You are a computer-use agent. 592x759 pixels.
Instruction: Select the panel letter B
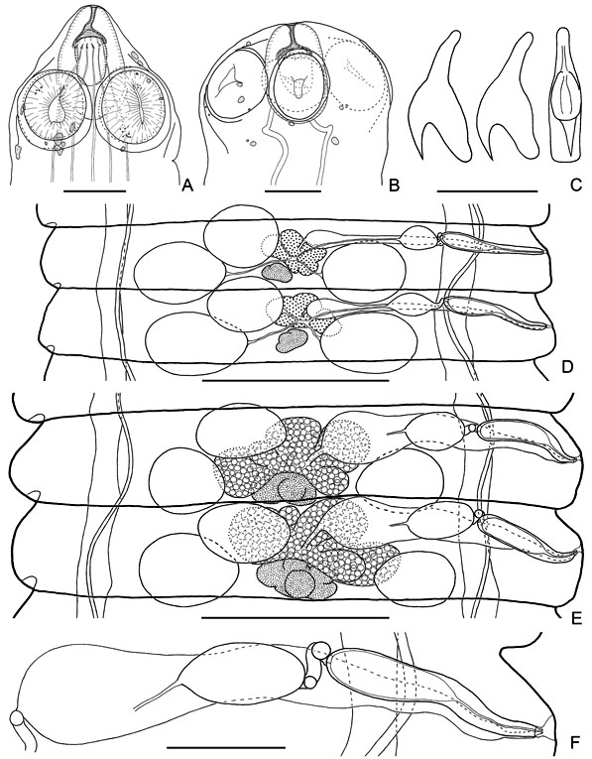(x=395, y=185)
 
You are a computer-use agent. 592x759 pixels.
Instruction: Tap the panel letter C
(x=575, y=185)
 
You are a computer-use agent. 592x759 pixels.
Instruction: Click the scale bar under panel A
(x=94, y=190)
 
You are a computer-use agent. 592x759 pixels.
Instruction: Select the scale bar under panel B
(x=294, y=190)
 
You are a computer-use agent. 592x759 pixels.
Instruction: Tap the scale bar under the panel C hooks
(x=487, y=191)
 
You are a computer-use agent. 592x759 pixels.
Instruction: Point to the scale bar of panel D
(x=296, y=380)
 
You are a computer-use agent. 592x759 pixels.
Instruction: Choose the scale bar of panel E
(x=295, y=618)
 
